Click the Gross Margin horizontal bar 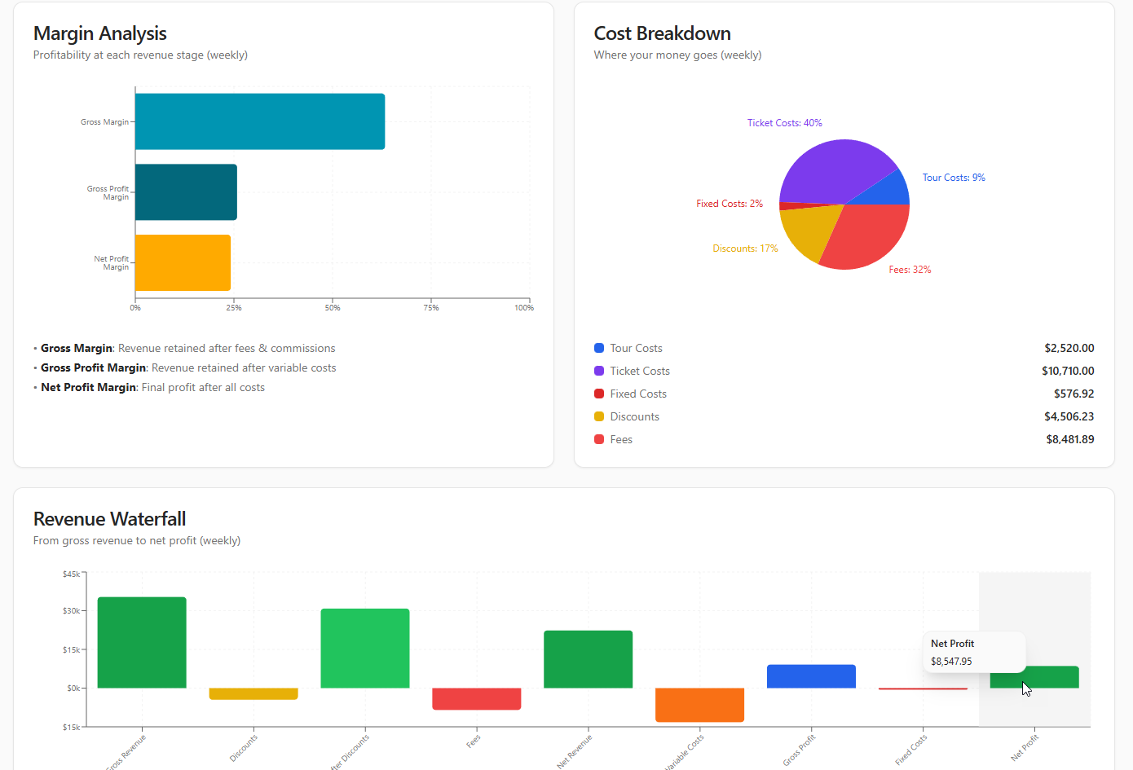259,121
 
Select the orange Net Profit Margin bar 183,262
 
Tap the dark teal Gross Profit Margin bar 186,192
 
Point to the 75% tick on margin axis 431,307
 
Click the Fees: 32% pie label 910,270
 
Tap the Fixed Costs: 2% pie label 729,204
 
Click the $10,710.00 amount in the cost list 1067,371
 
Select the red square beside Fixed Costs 599,394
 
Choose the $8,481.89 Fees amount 1069,439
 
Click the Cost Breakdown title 662,33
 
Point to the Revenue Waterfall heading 109,519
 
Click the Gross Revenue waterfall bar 142,642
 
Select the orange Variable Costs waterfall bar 699,705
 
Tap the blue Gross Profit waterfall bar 811,676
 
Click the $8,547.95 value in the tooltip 951,662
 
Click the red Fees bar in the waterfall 476,698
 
